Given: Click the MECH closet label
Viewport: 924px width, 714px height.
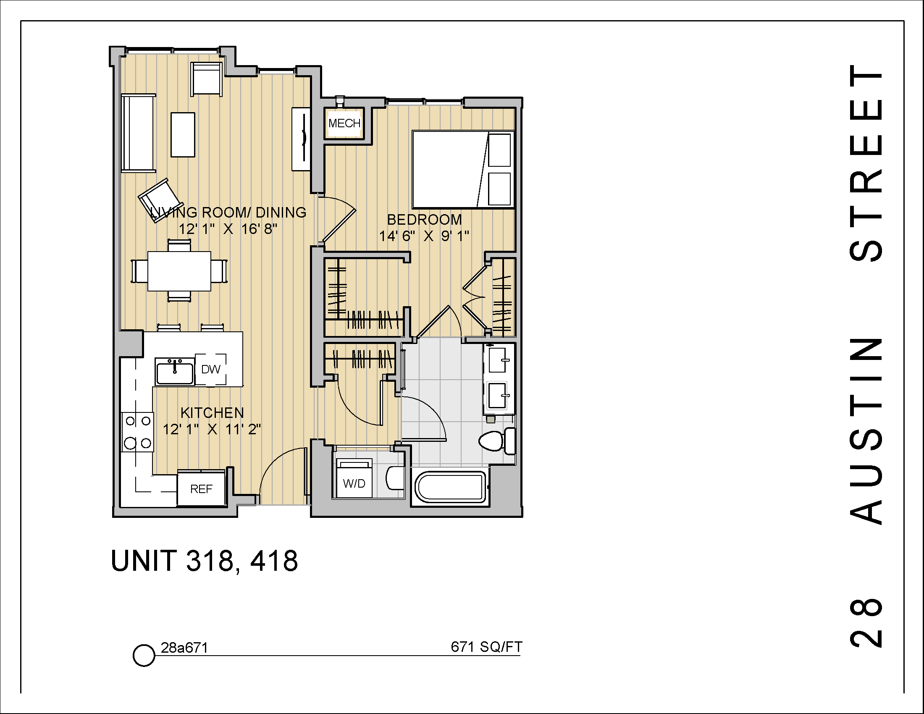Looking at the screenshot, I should [344, 123].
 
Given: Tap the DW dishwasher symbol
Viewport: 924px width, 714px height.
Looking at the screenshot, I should [211, 370].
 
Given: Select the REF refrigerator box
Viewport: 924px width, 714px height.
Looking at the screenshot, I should [201, 489].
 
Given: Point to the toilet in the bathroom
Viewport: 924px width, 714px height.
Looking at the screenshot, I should [497, 441].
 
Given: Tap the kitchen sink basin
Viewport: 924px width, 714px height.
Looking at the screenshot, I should [175, 373].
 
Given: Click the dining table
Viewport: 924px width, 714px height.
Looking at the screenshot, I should [179, 271].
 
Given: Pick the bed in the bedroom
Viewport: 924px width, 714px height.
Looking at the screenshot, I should [463, 169].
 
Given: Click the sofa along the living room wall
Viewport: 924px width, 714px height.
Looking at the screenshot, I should [138, 133].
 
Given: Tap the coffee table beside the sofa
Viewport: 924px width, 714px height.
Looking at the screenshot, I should [183, 134].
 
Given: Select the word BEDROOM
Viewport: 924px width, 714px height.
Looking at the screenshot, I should [424, 220].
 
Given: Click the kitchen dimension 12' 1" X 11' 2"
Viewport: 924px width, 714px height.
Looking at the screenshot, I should [212, 430].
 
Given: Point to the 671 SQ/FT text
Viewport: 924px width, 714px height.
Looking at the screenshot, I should [486, 647].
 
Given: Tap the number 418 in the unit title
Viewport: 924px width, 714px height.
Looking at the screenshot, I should [274, 561].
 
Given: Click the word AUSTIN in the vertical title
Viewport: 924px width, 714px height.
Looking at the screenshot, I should [866, 431].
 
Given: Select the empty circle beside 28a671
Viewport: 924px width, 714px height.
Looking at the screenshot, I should [144, 656].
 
